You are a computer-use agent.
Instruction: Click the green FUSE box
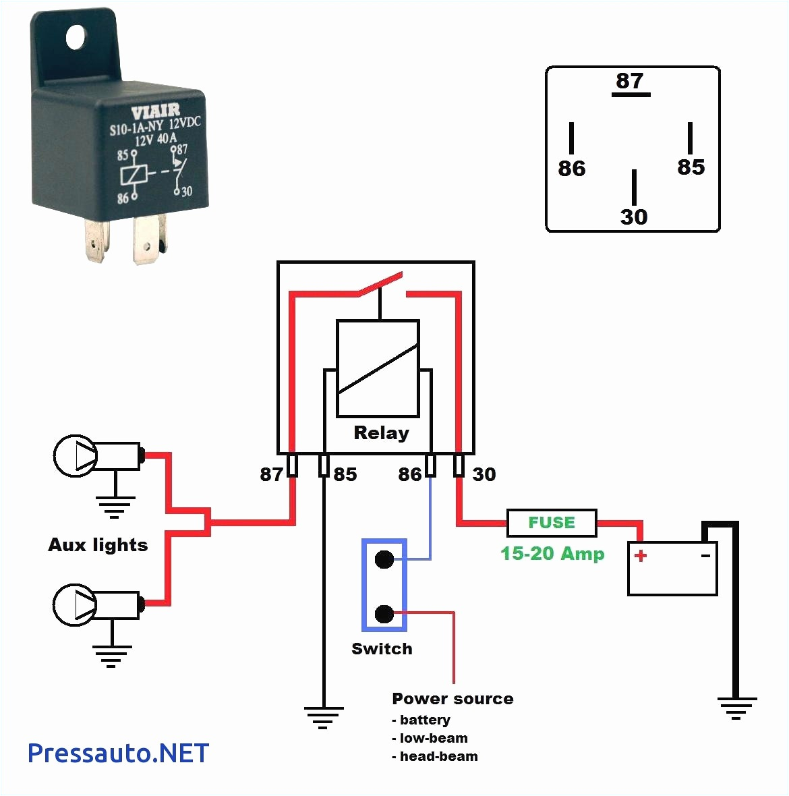click(551, 523)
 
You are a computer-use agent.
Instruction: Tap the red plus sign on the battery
click(641, 556)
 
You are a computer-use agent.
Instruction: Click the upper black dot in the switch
click(384, 559)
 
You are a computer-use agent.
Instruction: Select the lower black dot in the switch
click(384, 614)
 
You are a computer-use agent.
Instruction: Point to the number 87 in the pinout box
click(630, 81)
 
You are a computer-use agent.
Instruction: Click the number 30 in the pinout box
click(633, 217)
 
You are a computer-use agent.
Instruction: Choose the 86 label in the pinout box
click(572, 169)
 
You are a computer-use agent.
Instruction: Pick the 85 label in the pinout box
click(691, 167)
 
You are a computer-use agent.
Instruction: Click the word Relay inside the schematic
click(381, 433)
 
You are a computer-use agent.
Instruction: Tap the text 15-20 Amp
click(552, 554)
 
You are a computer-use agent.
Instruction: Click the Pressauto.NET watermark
click(118, 753)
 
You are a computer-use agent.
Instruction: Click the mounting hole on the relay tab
click(76, 37)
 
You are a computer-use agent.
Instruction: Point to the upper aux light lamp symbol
click(76, 456)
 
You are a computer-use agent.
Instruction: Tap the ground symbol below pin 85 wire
click(324, 717)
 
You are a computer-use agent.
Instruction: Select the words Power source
click(452, 699)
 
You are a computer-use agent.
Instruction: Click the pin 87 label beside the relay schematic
click(271, 475)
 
